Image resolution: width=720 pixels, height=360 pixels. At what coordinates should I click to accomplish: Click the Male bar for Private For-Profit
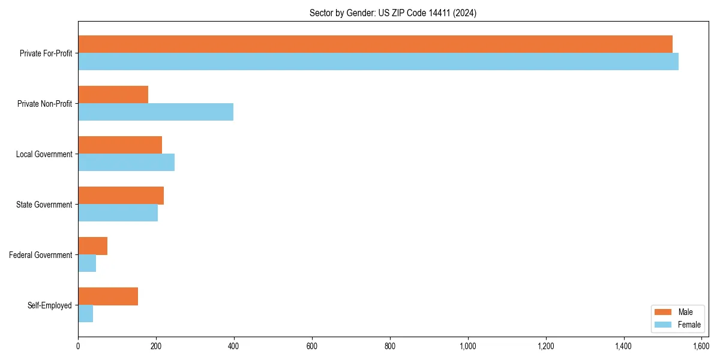[x=375, y=44]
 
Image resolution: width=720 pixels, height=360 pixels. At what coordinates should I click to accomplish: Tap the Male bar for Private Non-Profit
[x=113, y=95]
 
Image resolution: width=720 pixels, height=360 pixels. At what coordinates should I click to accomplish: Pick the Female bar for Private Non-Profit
[x=155, y=112]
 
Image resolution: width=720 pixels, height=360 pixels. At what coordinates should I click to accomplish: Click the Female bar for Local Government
[x=126, y=163]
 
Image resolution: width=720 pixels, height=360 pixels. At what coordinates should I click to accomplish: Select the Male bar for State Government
[x=121, y=196]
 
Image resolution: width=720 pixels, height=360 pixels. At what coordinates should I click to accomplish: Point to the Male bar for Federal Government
[x=92, y=246]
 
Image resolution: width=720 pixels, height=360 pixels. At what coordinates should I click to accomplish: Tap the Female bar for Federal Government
[x=87, y=263]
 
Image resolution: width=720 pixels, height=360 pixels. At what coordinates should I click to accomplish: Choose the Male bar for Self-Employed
[x=108, y=296]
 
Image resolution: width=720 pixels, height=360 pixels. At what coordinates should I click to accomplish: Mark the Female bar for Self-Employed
[x=85, y=314]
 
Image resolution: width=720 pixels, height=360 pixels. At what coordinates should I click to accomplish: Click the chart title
[x=393, y=13]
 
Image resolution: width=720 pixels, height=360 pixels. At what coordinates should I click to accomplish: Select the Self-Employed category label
[x=50, y=305]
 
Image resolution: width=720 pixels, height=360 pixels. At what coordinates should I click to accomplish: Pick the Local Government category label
[x=44, y=154]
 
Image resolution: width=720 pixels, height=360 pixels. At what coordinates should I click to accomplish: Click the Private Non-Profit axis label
[x=44, y=104]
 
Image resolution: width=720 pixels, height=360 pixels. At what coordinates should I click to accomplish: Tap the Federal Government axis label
[x=41, y=255]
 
